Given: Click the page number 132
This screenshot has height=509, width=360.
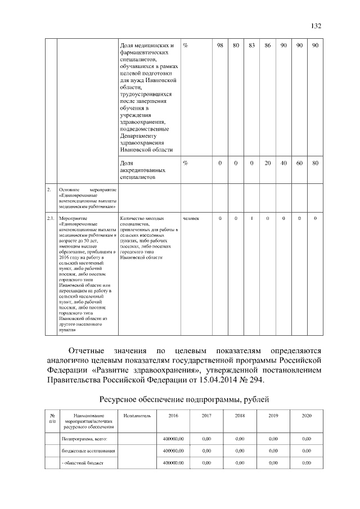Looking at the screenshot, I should tap(316, 26).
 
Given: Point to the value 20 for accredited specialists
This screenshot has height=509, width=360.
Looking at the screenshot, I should tap(268, 163).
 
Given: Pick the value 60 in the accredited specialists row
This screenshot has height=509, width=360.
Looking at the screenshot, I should tap(300, 163).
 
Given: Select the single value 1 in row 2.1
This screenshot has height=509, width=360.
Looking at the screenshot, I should tap(252, 218).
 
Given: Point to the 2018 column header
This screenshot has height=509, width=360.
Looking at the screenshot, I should tap(239, 416).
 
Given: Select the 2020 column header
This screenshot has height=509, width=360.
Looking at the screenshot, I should tap(306, 416).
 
